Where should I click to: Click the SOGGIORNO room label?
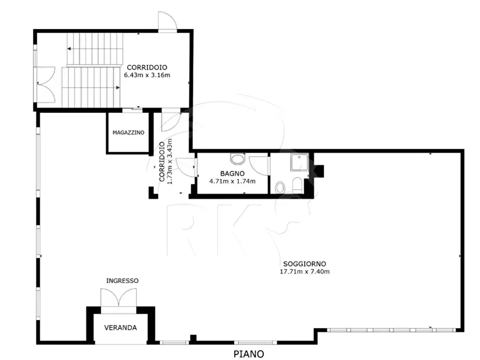click(304, 264)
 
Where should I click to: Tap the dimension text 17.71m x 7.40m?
click(305, 271)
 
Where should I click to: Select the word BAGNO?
click(232, 174)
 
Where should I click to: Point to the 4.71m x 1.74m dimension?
click(232, 181)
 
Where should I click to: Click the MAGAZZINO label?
click(128, 133)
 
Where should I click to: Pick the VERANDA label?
click(120, 328)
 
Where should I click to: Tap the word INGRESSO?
click(123, 280)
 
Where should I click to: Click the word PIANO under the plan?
click(248, 354)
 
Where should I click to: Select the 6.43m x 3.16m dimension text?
click(147, 75)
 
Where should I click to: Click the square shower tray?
click(299, 163)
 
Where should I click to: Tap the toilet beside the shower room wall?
click(298, 185)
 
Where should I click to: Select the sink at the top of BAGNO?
click(237, 159)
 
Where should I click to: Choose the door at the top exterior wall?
click(168, 21)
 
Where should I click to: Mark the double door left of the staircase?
click(46, 84)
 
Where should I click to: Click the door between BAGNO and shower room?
click(259, 165)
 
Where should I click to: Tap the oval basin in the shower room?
click(280, 188)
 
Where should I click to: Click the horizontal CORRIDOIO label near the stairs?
click(147, 67)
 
